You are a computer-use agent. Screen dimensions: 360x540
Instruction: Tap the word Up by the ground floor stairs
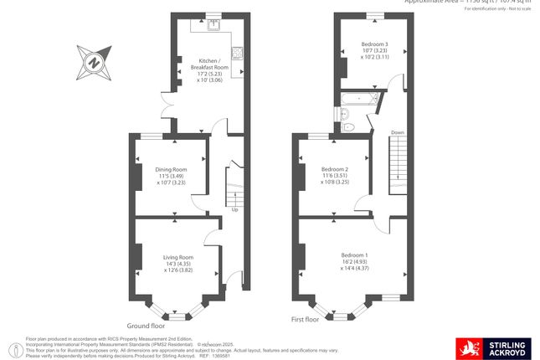point(234,209)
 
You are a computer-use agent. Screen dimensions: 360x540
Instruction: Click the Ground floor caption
point(147,325)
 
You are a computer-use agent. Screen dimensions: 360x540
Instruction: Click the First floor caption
point(306,319)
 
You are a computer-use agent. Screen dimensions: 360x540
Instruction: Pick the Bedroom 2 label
point(335,168)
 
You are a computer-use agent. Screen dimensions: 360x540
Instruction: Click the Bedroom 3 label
point(374,44)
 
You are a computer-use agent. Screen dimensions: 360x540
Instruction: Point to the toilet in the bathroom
point(352,126)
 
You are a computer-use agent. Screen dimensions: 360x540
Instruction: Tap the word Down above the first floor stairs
point(398,132)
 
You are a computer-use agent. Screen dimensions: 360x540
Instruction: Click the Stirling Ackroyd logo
point(491,347)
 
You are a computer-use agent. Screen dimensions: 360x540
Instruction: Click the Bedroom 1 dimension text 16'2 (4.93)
point(354,261)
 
